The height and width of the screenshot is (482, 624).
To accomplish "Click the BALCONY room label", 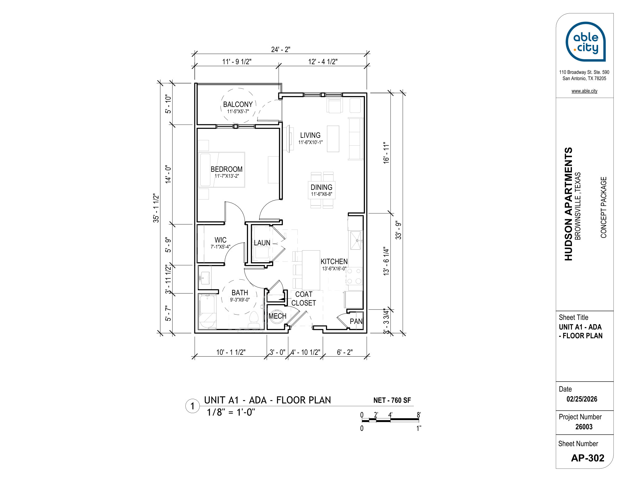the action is pos(238,104).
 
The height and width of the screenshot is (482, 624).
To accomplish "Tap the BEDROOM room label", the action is pos(227,169).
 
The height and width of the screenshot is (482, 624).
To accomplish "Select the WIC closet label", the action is pos(220,240).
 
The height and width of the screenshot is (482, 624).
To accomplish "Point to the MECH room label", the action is pos(277,316).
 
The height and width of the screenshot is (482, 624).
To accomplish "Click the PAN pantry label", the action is pos(356,321).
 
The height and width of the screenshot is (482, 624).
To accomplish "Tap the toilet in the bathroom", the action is pos(254,320).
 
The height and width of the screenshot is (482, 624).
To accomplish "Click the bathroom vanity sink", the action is pos(205,277).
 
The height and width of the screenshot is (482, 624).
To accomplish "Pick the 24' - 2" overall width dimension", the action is pos(280,50).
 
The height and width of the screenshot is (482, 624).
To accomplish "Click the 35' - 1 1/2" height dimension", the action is pos(156,208).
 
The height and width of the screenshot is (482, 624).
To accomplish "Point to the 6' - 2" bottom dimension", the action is pos(345,352).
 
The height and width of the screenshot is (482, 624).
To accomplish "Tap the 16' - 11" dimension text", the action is pos(386,153).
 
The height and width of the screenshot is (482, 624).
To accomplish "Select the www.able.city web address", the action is pos(584,91).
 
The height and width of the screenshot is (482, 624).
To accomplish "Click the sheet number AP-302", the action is pos(588,458).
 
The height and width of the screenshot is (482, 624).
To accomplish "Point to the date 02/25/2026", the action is pos(582,399).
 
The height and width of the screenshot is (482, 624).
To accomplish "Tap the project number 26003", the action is pos(584,427).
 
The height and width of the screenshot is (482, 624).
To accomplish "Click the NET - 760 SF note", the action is pos(392,400).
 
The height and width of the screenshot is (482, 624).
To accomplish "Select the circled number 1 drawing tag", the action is pos(193,406).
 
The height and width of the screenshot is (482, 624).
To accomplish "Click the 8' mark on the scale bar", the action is pos(419,415).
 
